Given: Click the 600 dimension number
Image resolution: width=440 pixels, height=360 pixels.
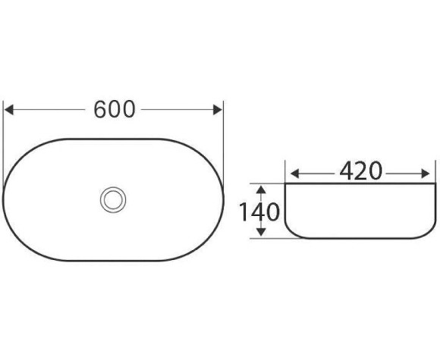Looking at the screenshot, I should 115,110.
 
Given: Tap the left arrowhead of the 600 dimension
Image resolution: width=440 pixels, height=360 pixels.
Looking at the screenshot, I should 8,110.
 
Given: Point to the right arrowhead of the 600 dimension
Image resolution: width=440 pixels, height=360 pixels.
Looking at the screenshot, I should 219,110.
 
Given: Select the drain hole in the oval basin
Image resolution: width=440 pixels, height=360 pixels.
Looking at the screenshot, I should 113,199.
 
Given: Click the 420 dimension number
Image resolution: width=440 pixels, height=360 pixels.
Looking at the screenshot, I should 360,172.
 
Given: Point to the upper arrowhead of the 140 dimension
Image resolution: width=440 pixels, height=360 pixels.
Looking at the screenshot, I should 260,188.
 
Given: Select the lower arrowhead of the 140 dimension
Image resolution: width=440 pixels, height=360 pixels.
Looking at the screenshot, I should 260,233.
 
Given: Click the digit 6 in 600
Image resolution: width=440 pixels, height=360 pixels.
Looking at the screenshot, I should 101,110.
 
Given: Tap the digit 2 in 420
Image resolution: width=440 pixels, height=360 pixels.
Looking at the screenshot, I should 360,172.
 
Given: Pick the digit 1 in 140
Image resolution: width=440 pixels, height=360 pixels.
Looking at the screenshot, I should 244,211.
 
